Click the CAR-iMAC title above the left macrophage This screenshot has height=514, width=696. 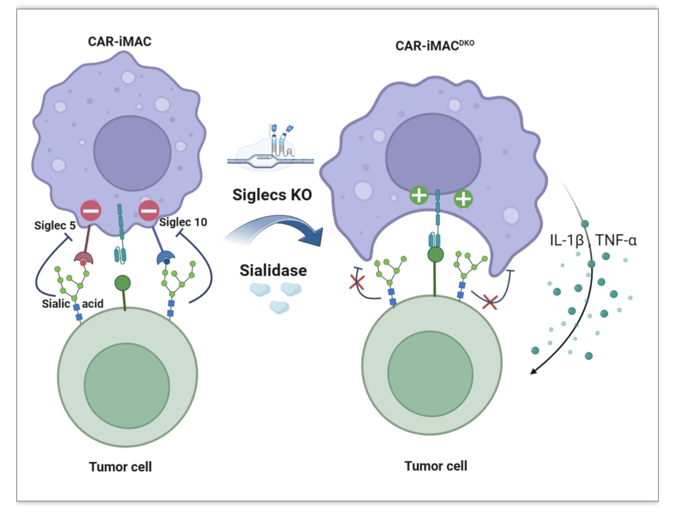click(120, 41)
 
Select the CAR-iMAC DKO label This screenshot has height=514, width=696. click(434, 46)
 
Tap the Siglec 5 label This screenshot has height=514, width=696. click(55, 225)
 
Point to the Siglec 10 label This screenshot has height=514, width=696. click(183, 222)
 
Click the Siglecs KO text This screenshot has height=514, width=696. click(272, 195)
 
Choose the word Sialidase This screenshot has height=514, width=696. click(273, 270)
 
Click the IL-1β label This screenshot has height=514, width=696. click(567, 241)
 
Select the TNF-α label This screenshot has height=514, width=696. click(616, 240)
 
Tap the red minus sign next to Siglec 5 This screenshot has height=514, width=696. click(91, 211)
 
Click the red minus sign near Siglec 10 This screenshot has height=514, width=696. click(149, 211)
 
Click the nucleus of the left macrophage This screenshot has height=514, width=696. click(132, 153)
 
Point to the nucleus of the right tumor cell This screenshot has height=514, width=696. click(430, 374)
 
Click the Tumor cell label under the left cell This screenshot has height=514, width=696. click(121, 466)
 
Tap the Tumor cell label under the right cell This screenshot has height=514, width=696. click(436, 466)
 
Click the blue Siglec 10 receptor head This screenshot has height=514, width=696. click(166, 258)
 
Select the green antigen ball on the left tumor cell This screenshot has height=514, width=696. click(122, 283)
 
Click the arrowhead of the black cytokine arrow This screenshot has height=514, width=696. click(533, 371)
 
